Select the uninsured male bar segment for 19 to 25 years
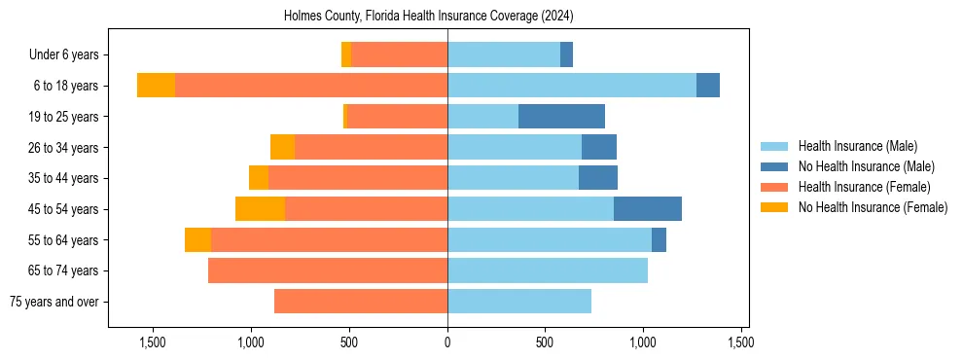point(561,117)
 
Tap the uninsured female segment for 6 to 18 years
point(156,86)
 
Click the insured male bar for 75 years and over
point(519,302)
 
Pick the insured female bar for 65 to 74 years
point(328,270)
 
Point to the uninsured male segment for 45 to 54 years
point(648,209)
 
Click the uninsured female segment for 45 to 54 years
point(260,209)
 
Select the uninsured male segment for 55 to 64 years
point(659,239)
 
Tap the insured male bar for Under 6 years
point(504,55)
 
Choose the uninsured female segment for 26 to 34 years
point(282,147)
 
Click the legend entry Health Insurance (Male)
point(857,146)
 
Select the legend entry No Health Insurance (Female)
point(873,207)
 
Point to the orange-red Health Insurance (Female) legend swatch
point(774,187)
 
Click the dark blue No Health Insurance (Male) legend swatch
point(774,166)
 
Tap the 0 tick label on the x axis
point(447,342)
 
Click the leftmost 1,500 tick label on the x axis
point(153,342)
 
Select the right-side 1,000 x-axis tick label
point(643,342)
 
